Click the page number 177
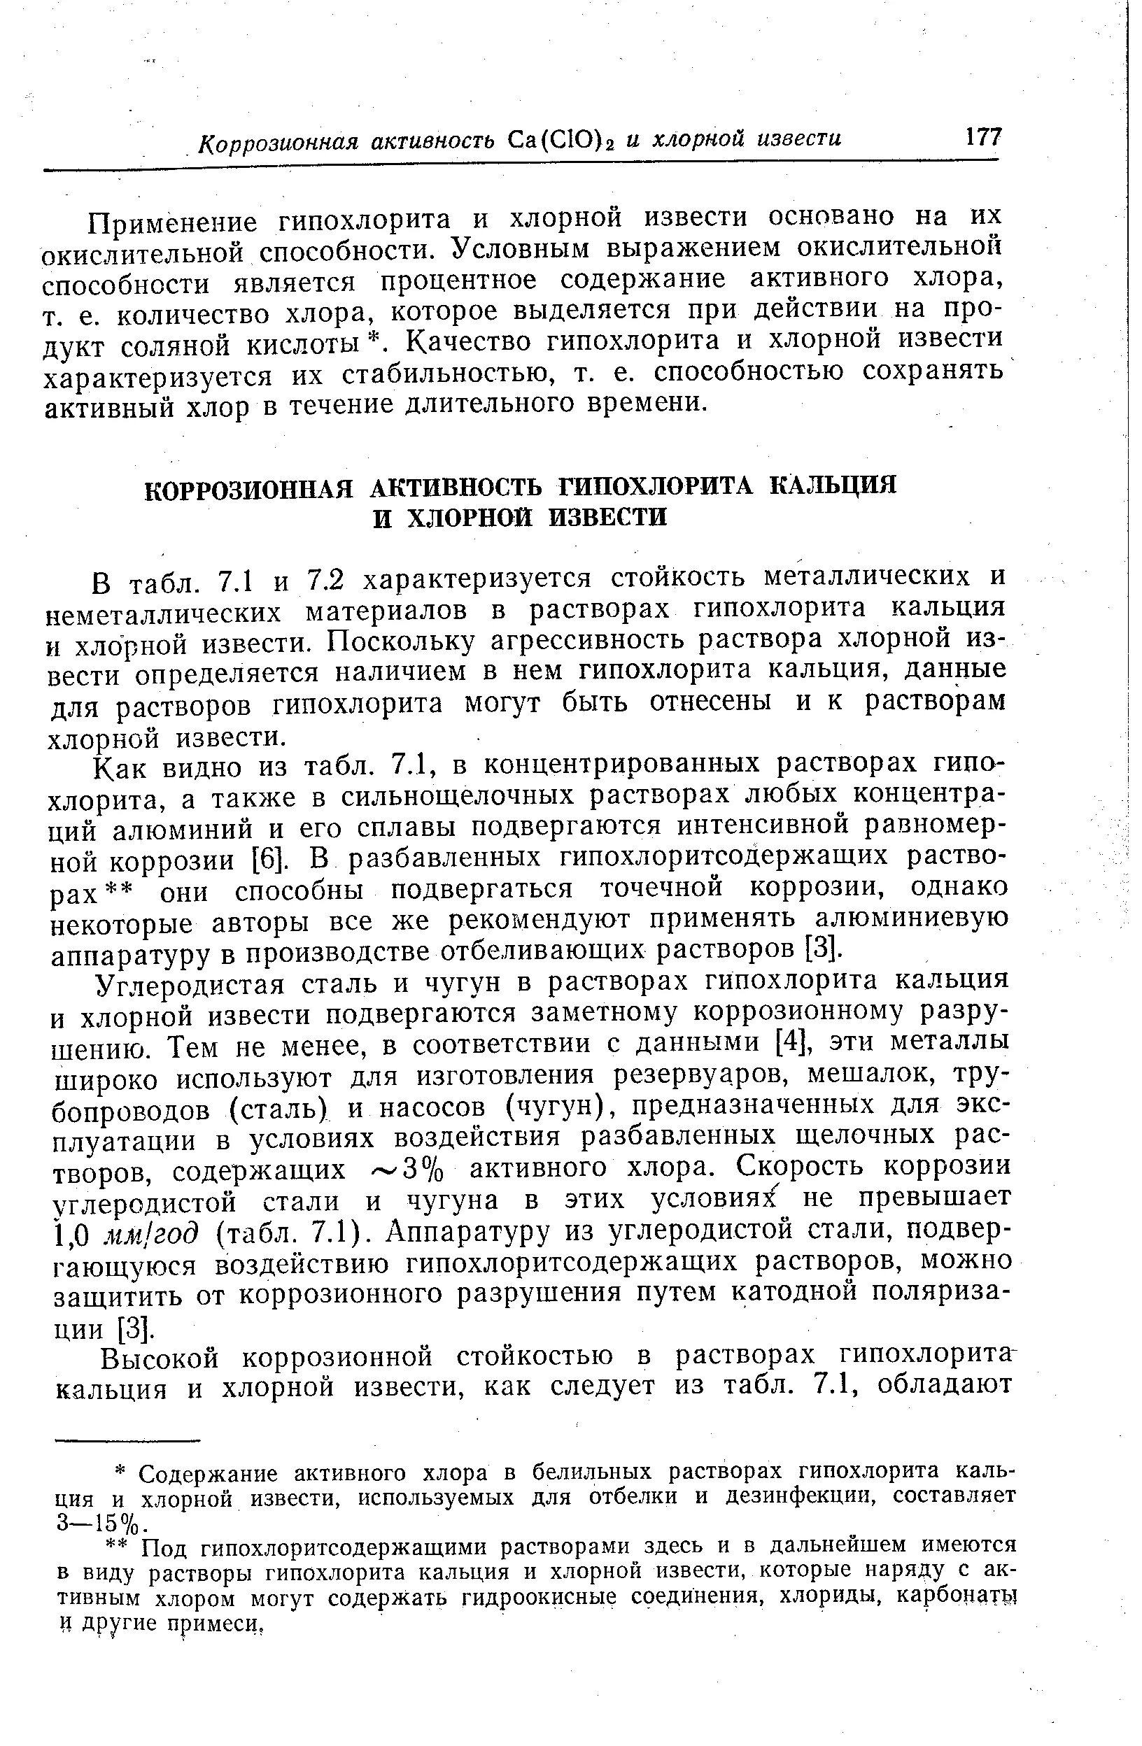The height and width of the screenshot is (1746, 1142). point(982,137)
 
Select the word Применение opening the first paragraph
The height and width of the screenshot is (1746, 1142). point(174,220)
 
